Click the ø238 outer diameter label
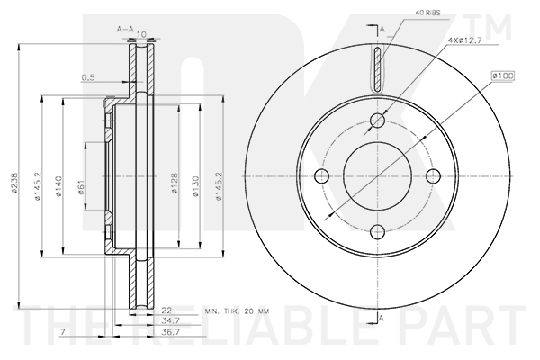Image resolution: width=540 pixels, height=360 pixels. (13, 185)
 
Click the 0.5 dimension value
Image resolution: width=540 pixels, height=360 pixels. (86, 76)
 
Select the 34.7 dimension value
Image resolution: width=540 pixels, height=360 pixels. (169, 320)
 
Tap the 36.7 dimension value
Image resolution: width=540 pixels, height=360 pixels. (169, 332)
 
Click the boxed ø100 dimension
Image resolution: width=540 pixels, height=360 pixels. (501, 77)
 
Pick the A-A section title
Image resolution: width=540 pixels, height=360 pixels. (125, 30)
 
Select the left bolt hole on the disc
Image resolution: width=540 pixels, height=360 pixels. (322, 175)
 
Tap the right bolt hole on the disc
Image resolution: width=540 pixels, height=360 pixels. (432, 175)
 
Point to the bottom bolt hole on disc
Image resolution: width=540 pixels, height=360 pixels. (377, 230)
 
